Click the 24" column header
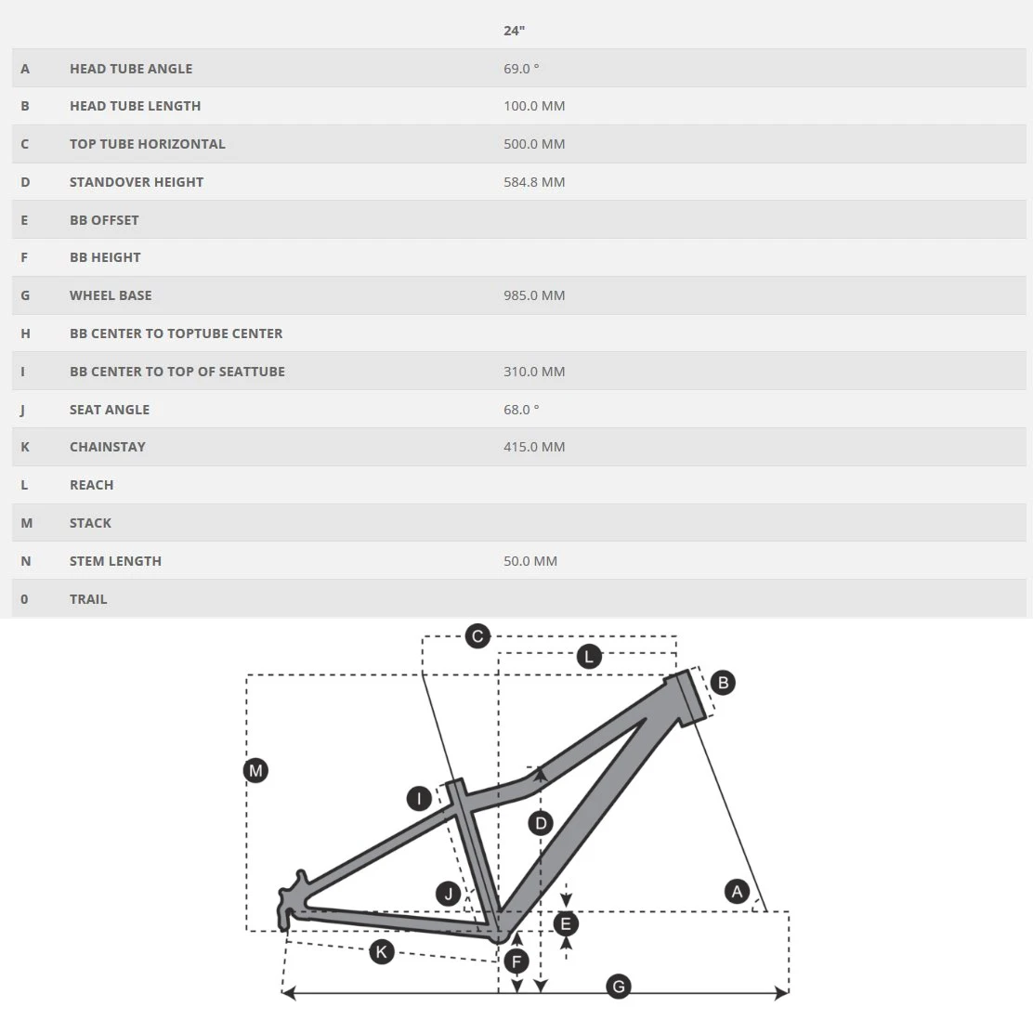pyautogui.click(x=514, y=31)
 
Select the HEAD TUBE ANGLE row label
pyautogui.click(x=131, y=69)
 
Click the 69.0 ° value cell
pyautogui.click(x=521, y=69)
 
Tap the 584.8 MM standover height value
pyautogui.click(x=534, y=182)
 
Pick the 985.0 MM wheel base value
pyautogui.click(x=534, y=295)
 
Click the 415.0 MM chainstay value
pyautogui.click(x=534, y=447)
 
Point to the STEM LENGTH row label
pyautogui.click(x=115, y=561)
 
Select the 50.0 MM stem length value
pyautogui.click(x=530, y=561)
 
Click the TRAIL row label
pyautogui.click(x=88, y=599)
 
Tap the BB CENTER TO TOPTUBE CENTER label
pyautogui.click(x=176, y=333)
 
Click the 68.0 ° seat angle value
pyautogui.click(x=521, y=410)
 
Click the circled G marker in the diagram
pyautogui.click(x=619, y=986)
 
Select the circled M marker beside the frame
pyautogui.click(x=255, y=770)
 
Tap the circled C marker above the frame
pyautogui.click(x=477, y=636)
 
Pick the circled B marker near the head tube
pyautogui.click(x=722, y=683)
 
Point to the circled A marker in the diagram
pyautogui.click(x=737, y=892)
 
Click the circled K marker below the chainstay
pyautogui.click(x=382, y=951)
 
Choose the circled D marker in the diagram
pyautogui.click(x=540, y=822)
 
